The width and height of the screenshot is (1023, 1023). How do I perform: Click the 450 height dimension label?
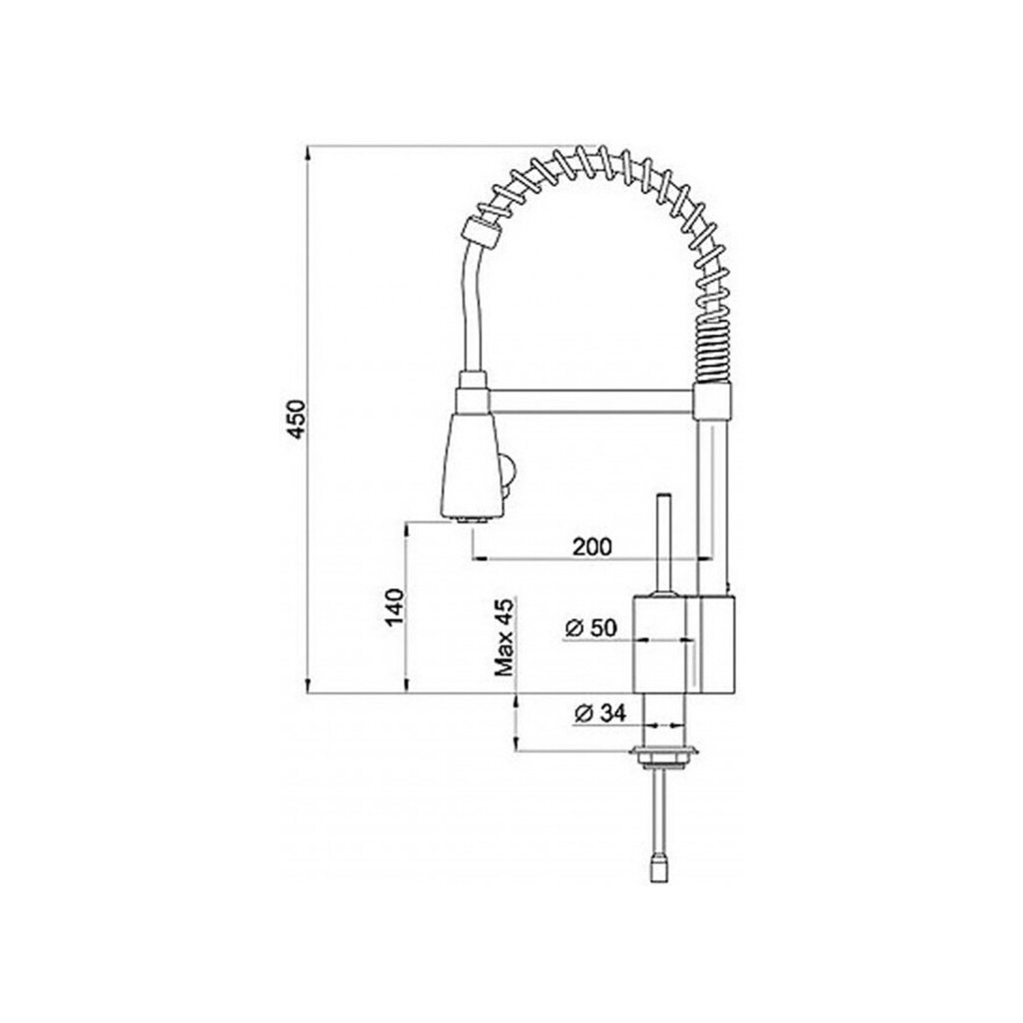click(296, 419)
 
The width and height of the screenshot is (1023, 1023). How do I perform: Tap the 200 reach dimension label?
click(592, 546)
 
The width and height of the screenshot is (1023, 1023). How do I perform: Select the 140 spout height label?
click(395, 607)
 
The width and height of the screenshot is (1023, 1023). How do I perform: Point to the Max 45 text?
click(505, 637)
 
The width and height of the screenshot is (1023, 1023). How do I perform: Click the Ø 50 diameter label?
click(590, 628)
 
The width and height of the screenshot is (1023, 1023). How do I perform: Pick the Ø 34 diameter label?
click(600, 713)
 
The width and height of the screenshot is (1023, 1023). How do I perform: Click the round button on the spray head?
click(509, 470)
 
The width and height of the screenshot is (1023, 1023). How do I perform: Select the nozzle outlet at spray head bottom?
click(472, 519)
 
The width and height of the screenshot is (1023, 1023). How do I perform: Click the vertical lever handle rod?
click(664, 542)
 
